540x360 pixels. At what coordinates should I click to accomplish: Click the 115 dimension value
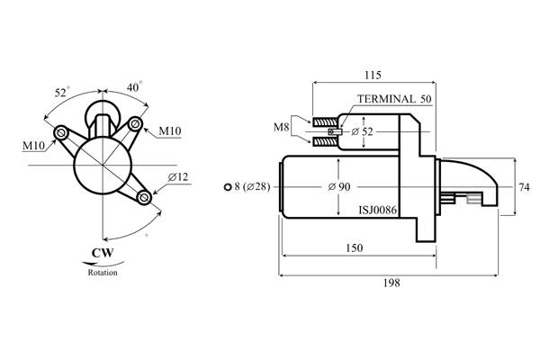tap(373, 75)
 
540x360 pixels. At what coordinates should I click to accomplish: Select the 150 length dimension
tap(354, 248)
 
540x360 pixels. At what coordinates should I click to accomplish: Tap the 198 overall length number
tap(391, 283)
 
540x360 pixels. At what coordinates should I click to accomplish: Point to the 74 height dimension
tap(524, 187)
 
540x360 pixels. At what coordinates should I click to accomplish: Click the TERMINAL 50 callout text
tap(394, 99)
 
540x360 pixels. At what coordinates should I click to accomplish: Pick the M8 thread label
tap(281, 127)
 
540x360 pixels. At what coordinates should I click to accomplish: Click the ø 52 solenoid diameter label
tap(363, 131)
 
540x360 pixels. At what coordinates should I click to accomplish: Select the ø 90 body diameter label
tap(339, 186)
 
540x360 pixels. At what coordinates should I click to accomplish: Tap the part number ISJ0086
tap(378, 210)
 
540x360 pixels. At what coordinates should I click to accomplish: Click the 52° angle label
tap(61, 93)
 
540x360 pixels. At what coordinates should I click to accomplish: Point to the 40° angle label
tap(134, 87)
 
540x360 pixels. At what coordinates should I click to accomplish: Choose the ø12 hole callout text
tap(178, 177)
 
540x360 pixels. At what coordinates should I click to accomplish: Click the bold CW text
tap(103, 253)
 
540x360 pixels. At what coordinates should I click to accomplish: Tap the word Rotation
tap(103, 273)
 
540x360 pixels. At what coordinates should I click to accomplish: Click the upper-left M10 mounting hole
tap(61, 132)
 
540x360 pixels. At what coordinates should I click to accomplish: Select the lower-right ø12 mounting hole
tap(144, 197)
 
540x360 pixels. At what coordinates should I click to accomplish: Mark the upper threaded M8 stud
tap(325, 122)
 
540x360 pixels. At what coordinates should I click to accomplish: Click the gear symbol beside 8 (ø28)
tap(228, 187)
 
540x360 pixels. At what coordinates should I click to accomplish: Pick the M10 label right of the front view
tap(170, 130)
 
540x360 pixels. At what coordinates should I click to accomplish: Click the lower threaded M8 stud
tap(325, 141)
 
